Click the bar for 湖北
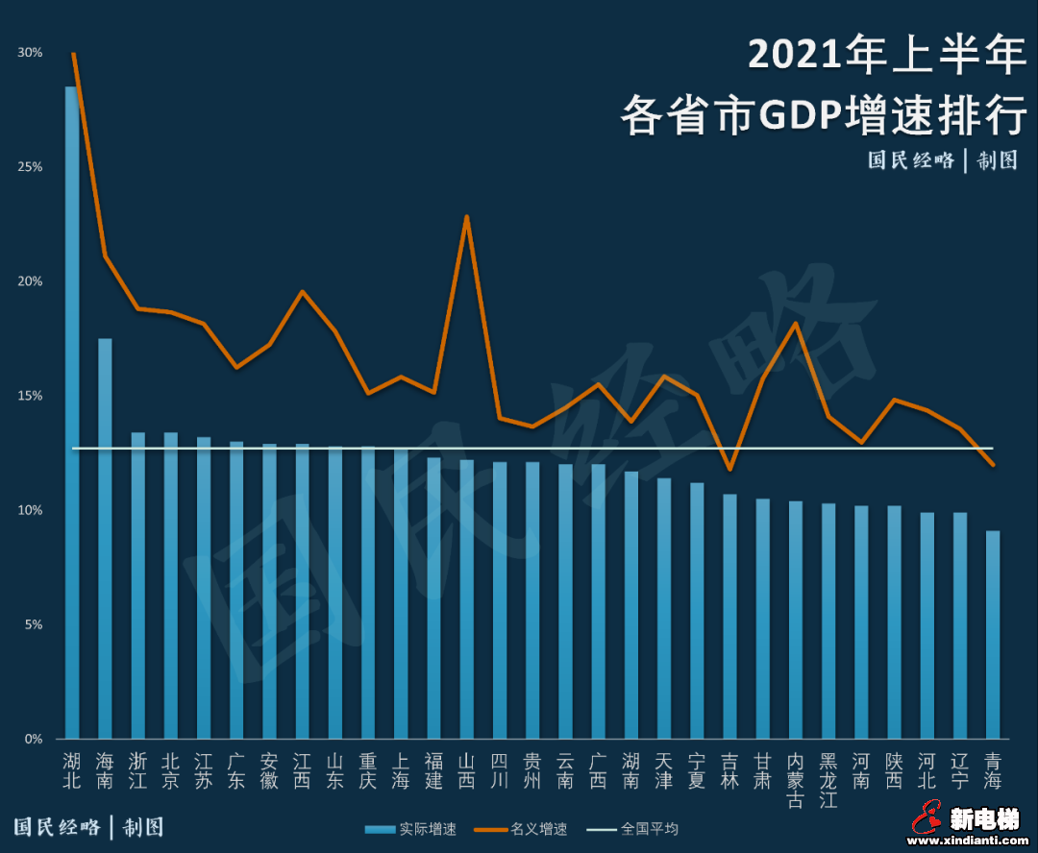[72, 413]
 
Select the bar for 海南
[105, 538]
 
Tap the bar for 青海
[993, 634]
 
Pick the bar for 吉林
[729, 615]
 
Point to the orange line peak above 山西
[466, 217]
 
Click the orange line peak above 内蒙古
[795, 324]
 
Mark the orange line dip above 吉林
[729, 469]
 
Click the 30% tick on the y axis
[30, 53]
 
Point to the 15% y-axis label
[30, 396]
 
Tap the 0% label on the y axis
[33, 739]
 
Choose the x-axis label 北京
[170, 770]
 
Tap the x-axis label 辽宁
[959, 770]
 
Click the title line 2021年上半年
[886, 55]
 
